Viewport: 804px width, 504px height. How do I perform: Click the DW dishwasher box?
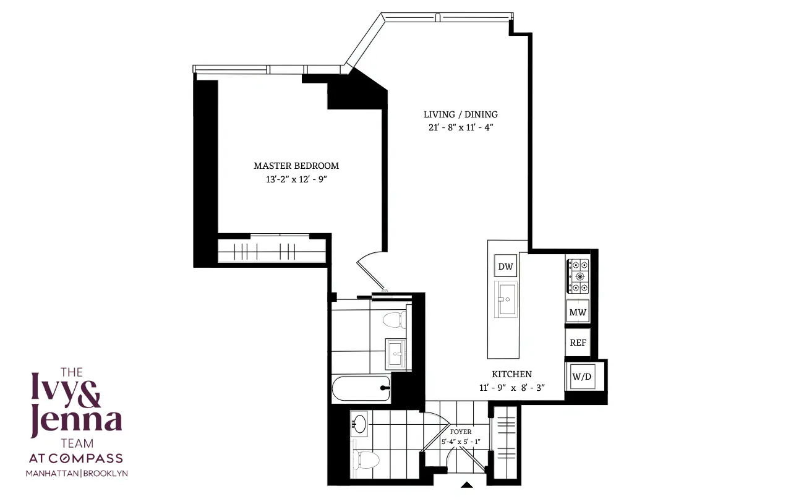point(505,267)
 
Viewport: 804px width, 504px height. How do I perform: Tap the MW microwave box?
point(578,312)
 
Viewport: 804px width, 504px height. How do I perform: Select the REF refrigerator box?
point(578,343)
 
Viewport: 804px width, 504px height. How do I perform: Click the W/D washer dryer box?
point(582,376)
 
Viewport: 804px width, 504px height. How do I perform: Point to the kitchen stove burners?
point(578,276)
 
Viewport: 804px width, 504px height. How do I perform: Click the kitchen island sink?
point(505,299)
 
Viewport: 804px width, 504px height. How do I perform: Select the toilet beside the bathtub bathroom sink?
point(393,320)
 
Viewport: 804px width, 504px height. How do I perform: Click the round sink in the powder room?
point(359,424)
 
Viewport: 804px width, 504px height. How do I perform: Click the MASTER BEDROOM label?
point(296,166)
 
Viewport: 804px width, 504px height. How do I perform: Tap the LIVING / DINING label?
point(460,114)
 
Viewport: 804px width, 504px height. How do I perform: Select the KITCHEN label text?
point(511,374)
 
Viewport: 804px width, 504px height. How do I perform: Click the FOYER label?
point(461,432)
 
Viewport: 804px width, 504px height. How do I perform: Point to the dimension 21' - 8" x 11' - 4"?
point(460,127)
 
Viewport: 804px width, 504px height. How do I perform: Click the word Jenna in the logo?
point(77,422)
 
